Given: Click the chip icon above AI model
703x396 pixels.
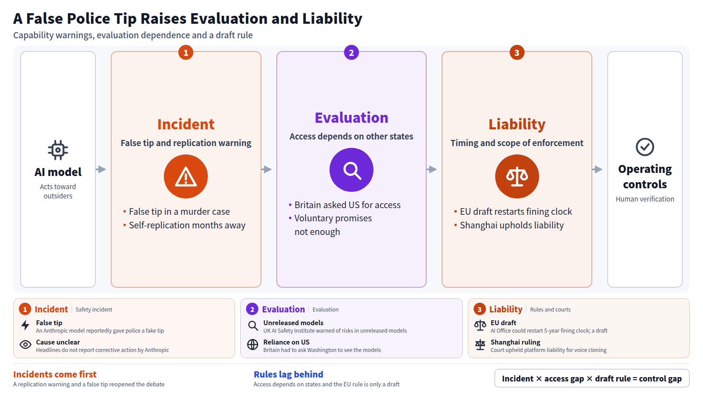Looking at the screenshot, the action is click(58, 150).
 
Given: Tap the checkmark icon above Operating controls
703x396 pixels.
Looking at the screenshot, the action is click(645, 147).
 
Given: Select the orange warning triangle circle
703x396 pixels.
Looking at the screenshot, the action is click(186, 176).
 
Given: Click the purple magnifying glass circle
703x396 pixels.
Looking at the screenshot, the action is click(351, 170).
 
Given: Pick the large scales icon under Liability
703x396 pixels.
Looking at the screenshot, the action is click(517, 176).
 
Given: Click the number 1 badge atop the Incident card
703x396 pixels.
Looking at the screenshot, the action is click(186, 52).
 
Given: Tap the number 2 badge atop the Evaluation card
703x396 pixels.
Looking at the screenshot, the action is click(351, 52).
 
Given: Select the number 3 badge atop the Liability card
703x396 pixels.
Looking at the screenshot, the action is click(517, 52).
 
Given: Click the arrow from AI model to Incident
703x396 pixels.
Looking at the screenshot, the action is click(101, 169).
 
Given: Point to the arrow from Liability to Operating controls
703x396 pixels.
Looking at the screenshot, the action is click(597, 169).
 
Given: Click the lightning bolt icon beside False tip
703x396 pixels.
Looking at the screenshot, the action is click(25, 325).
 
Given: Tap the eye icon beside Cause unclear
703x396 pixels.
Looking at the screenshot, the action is click(25, 345).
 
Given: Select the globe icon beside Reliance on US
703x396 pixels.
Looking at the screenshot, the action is click(253, 345).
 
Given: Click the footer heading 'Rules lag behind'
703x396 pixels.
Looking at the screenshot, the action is click(288, 374).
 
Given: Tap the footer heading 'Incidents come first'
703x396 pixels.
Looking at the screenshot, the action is click(55, 374).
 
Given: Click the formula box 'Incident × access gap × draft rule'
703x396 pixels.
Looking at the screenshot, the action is click(592, 378).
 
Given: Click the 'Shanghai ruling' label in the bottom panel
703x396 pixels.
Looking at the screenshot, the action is click(515, 342).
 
